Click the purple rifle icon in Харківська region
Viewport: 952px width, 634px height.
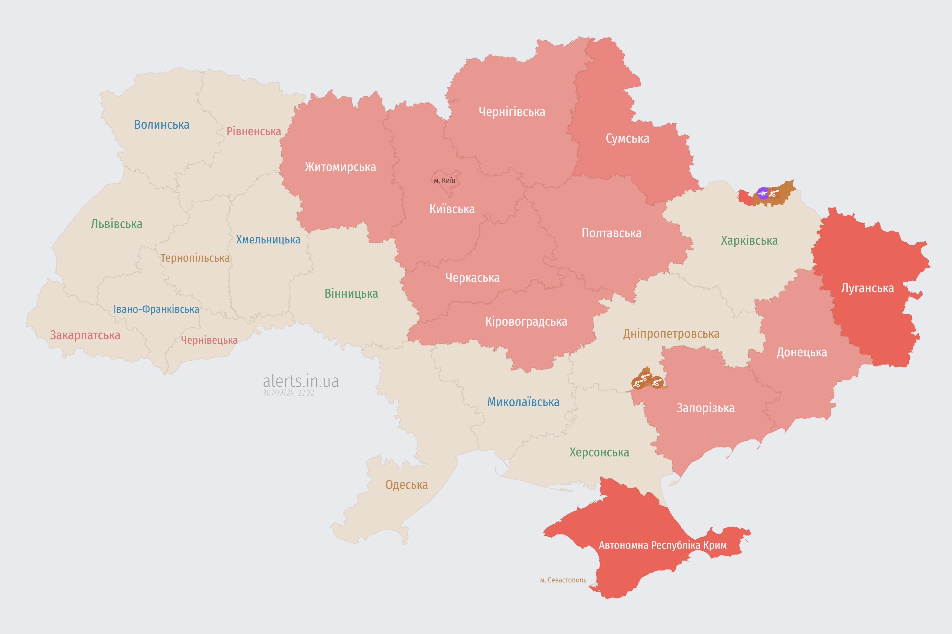[x=763, y=193]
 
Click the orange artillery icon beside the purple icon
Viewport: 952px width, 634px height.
[x=774, y=193]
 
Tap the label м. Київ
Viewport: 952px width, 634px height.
[x=445, y=180]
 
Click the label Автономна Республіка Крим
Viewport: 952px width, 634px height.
[x=663, y=545]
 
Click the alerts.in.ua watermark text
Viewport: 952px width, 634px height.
[x=301, y=381]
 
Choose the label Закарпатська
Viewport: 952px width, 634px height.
[x=85, y=335]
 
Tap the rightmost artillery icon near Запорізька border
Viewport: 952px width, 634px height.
[x=657, y=382]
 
